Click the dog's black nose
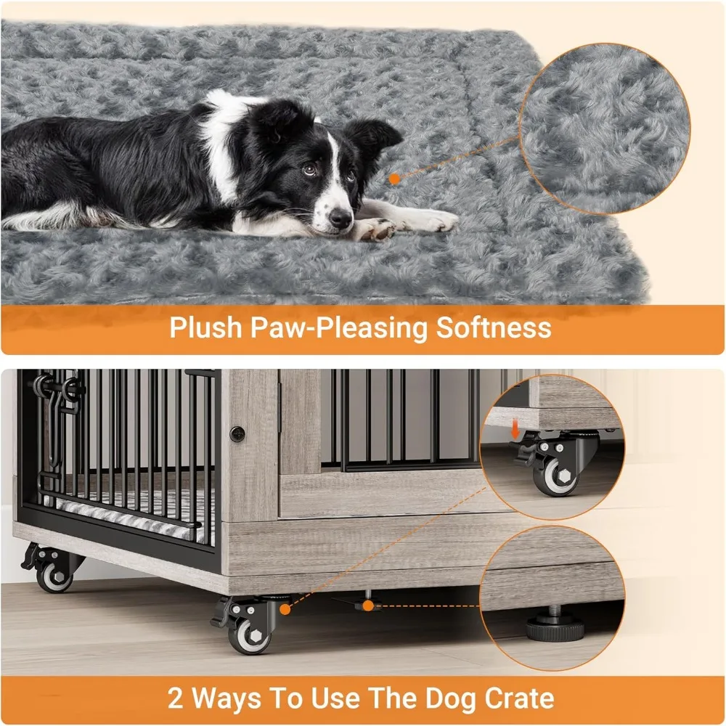[x=339, y=218]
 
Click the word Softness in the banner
[x=494, y=327]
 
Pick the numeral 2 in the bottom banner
[x=176, y=699]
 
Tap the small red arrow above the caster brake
[x=516, y=433]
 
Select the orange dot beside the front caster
[x=286, y=611]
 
